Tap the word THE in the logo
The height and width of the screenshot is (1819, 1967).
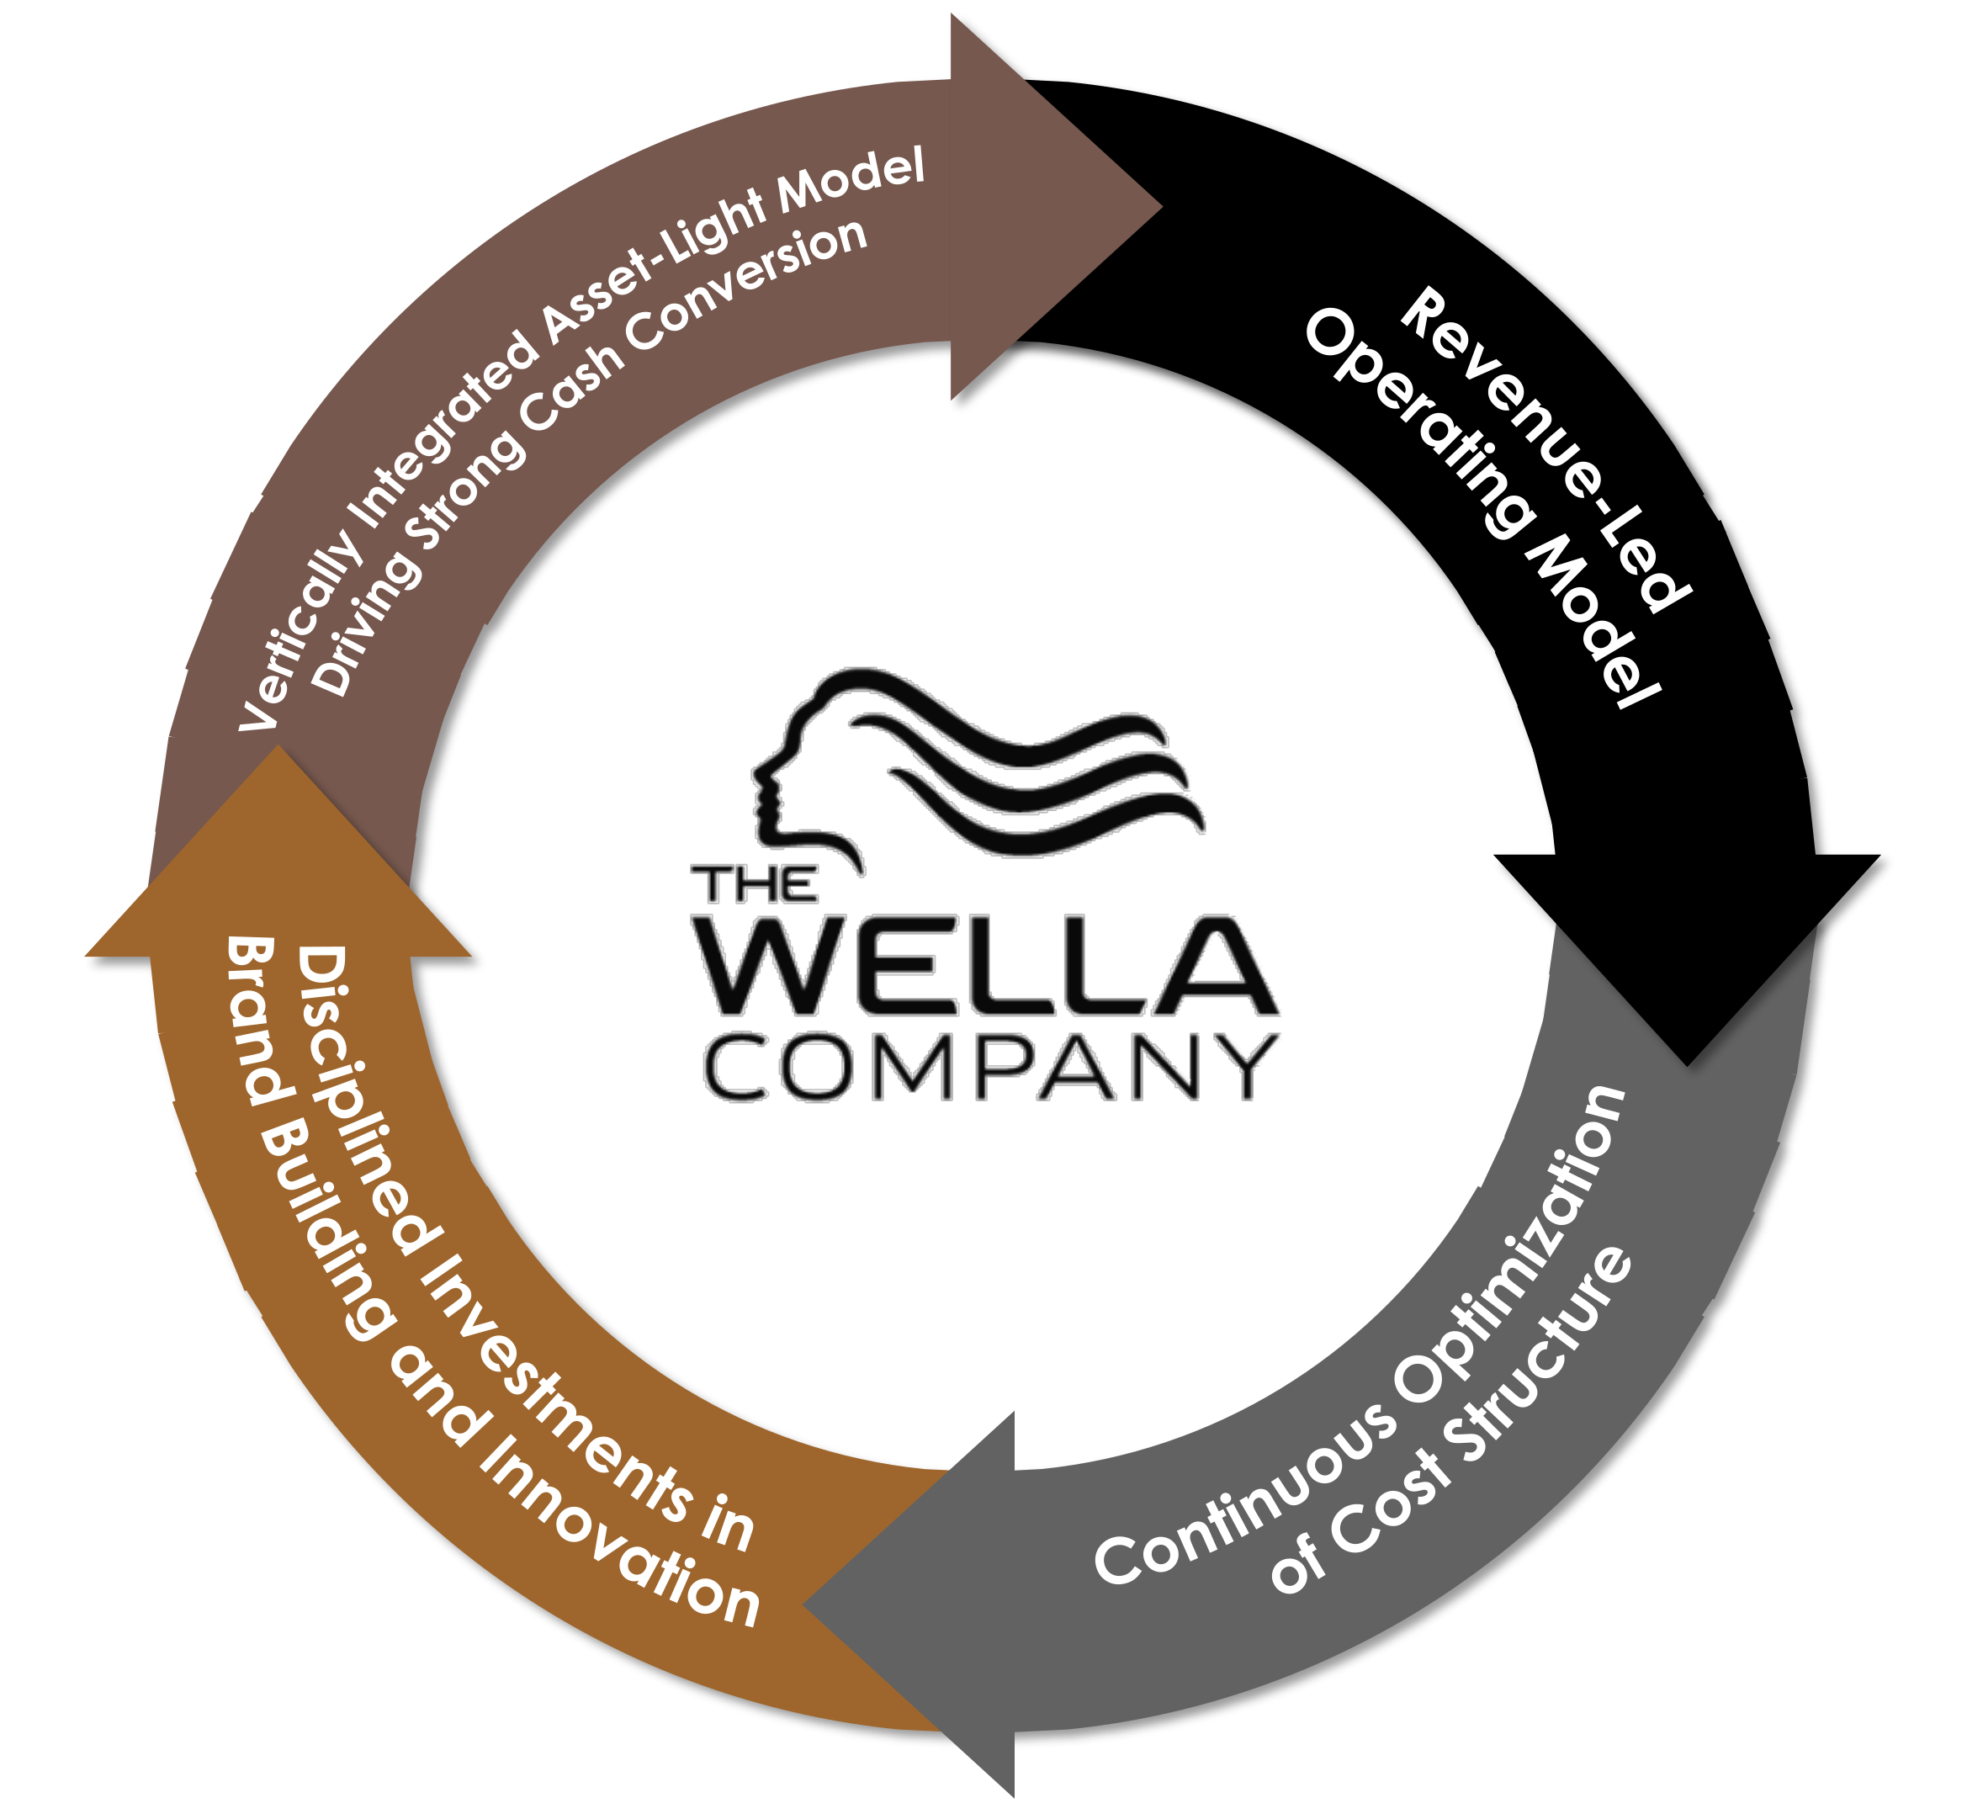click(754, 883)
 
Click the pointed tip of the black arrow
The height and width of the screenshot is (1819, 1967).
click(1688, 1065)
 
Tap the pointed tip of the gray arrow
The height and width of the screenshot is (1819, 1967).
click(805, 1605)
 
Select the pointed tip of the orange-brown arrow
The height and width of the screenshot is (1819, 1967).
click(278, 745)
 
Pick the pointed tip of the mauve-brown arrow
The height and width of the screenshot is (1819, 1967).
click(1163, 207)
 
